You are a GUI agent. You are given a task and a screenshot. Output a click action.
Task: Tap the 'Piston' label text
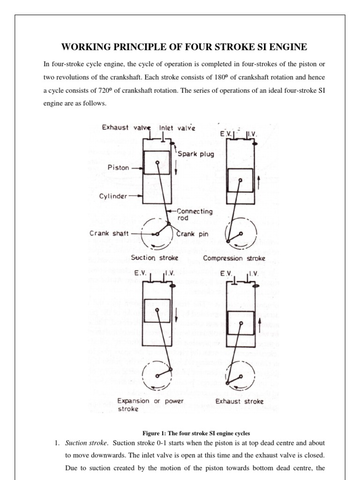click(x=119, y=167)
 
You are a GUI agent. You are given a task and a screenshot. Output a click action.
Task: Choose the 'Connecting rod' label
click(x=195, y=215)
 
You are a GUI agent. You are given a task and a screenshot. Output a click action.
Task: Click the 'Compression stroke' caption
click(x=234, y=258)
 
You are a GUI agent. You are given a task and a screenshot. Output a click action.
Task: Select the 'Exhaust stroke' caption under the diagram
click(x=239, y=401)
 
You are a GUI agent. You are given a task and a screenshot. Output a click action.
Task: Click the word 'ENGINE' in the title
click(x=284, y=47)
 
